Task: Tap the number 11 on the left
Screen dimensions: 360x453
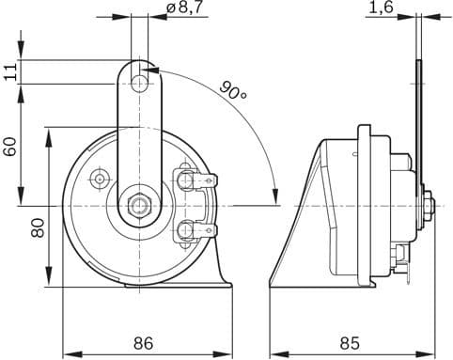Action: [x=10, y=72]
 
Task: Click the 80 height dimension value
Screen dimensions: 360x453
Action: [x=38, y=227]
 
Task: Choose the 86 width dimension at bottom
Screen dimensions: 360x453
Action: [x=144, y=343]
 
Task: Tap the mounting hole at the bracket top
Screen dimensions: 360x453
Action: [x=139, y=84]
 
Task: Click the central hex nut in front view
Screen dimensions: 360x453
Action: [x=139, y=203]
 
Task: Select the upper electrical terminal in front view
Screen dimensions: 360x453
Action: [x=198, y=179]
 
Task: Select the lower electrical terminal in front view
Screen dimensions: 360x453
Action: [x=198, y=228]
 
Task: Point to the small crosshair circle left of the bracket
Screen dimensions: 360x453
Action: [x=99, y=178]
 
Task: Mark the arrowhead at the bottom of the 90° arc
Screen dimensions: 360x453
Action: [x=274, y=196]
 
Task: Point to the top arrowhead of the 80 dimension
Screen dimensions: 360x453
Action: [x=49, y=133]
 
